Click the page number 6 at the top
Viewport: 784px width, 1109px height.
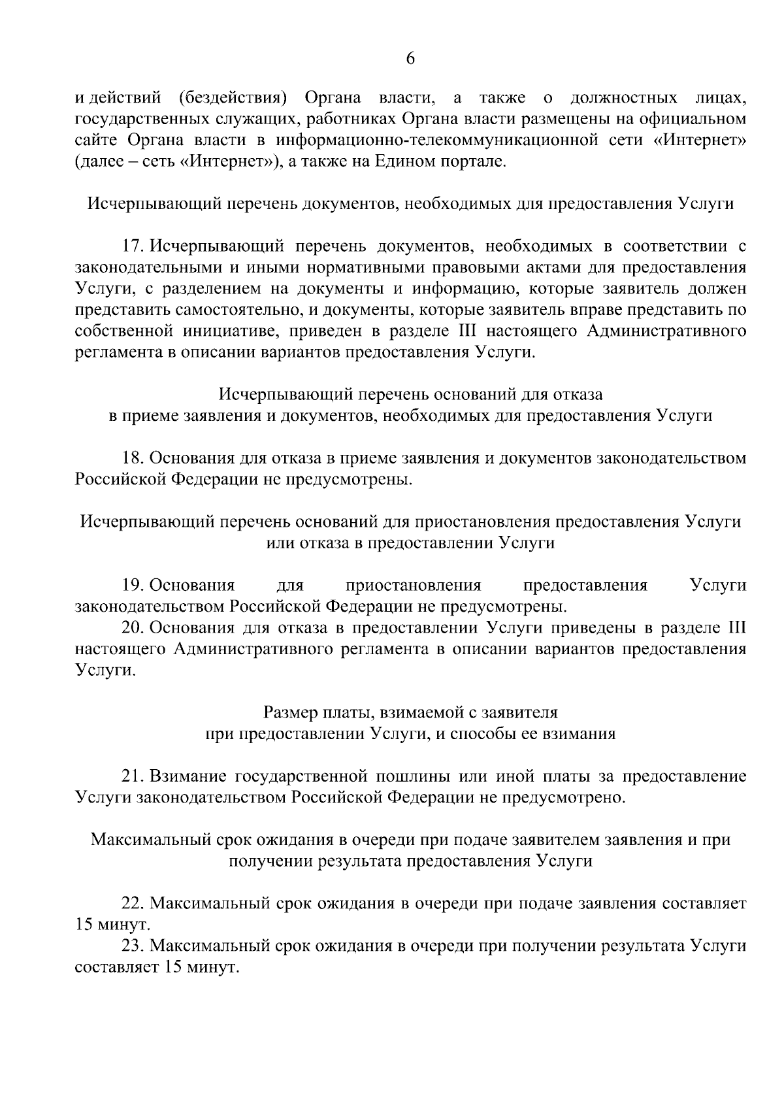[410, 59]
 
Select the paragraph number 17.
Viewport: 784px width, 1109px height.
[133, 247]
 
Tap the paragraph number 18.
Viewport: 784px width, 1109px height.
[133, 459]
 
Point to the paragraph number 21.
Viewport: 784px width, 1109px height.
[133, 776]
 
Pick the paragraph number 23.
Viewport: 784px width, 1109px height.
[133, 946]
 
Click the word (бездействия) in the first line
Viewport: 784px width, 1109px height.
[233, 99]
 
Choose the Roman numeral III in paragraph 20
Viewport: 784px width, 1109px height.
[736, 628]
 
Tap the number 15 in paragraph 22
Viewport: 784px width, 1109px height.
[84, 925]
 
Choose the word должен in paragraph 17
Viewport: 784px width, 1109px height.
[719, 289]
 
